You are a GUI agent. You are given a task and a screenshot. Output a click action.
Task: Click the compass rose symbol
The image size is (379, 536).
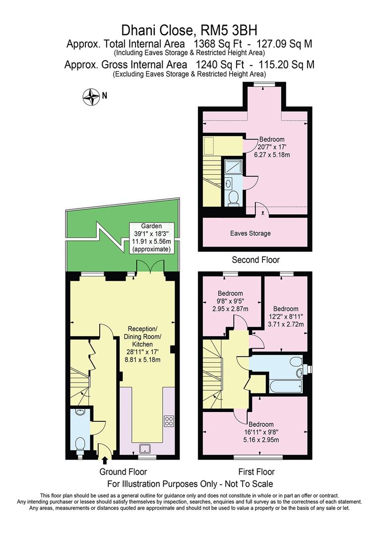tap(91, 96)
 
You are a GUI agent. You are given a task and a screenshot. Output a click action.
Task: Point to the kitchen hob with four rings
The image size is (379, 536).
tap(169, 421)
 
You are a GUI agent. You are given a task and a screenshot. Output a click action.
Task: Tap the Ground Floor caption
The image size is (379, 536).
tap(123, 471)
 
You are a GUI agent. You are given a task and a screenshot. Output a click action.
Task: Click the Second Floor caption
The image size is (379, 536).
tap(255, 260)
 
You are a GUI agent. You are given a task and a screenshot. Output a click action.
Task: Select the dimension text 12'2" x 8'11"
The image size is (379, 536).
tap(285, 317)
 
